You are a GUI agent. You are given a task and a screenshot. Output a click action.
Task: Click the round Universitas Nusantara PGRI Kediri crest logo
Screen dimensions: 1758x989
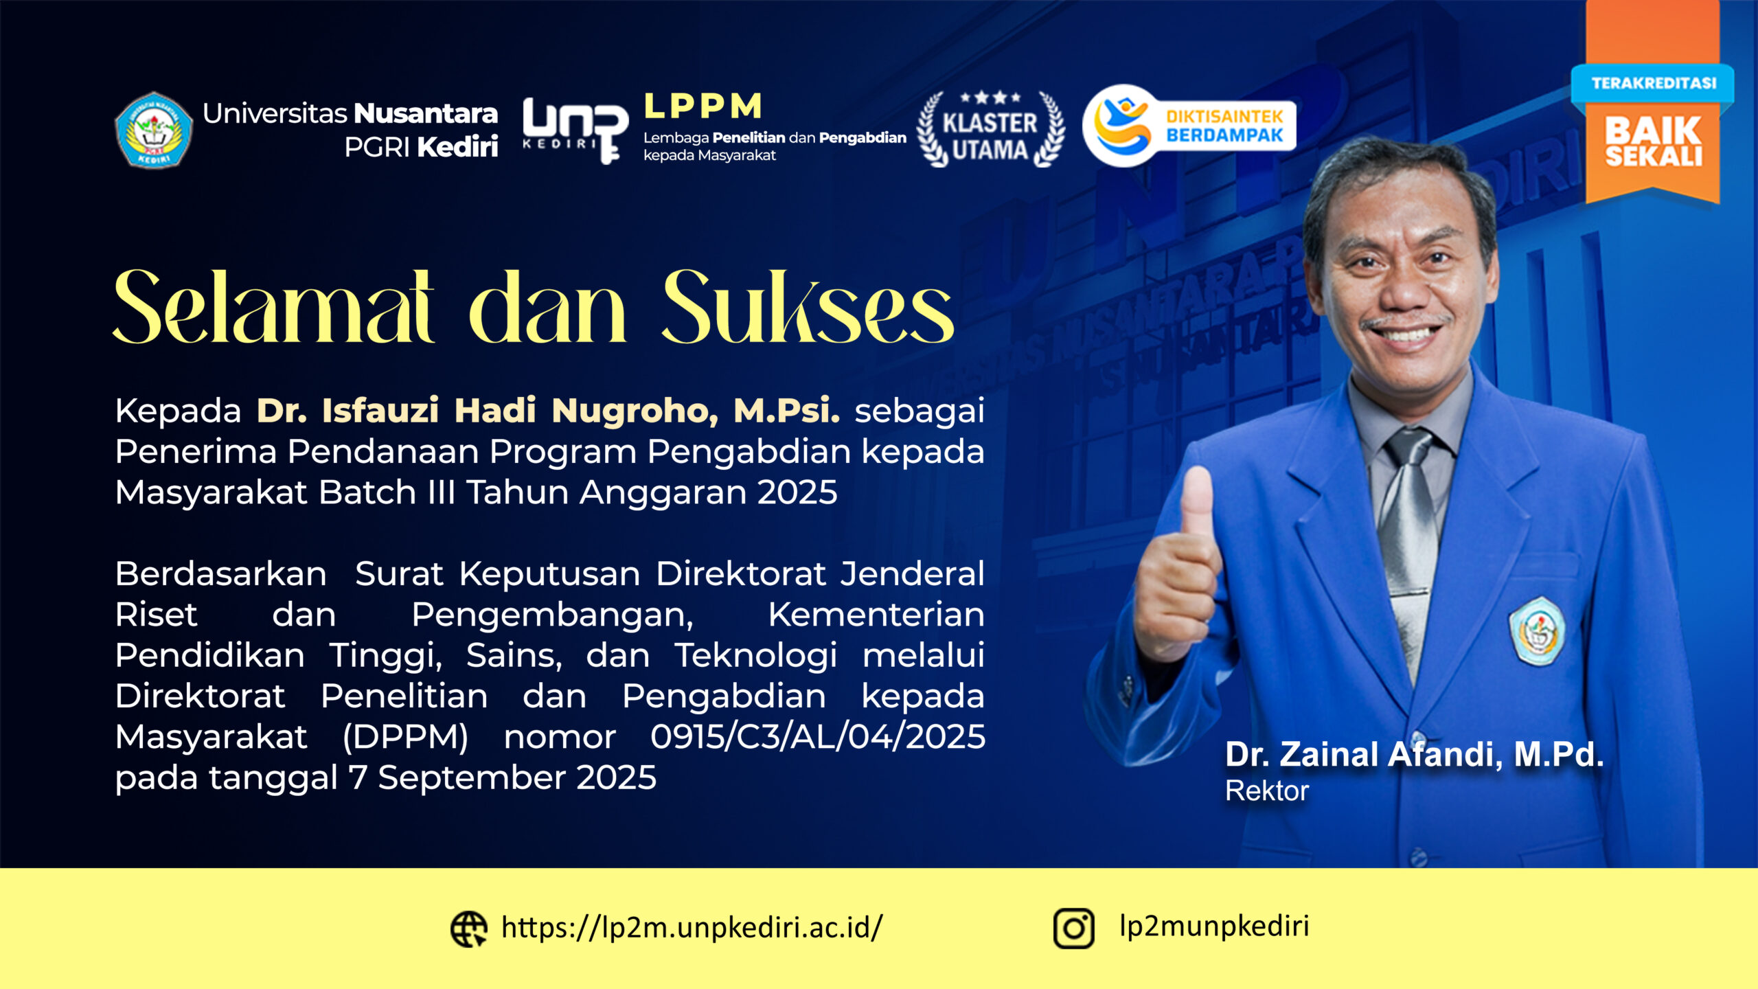point(154,130)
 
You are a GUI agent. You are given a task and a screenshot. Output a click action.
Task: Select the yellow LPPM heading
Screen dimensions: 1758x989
point(703,106)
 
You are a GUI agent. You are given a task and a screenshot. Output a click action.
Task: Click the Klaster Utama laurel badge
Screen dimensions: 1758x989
point(990,129)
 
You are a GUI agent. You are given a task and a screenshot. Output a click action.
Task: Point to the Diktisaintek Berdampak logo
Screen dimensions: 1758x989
point(1189,126)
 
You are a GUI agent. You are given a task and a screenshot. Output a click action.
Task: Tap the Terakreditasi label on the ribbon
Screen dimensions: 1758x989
point(1654,83)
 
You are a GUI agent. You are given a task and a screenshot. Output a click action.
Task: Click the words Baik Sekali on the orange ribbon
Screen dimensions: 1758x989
point(1654,141)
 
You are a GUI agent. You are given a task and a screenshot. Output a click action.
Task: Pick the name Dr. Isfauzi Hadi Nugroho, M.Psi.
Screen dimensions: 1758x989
point(548,411)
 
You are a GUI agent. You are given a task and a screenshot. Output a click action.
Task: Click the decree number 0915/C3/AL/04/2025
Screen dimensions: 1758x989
point(818,737)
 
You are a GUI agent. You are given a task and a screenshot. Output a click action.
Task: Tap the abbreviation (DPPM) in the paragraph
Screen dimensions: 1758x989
point(405,738)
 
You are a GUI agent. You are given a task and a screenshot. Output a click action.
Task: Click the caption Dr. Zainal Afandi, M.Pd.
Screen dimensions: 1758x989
point(1414,754)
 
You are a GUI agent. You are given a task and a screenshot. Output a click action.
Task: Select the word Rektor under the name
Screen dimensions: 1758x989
point(1267,791)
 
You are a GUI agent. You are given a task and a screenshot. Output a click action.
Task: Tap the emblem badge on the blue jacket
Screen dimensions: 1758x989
point(1538,631)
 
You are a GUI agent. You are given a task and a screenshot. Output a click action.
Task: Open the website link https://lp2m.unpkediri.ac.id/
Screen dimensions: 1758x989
point(692,927)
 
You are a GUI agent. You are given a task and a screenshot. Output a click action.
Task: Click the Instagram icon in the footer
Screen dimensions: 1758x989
point(1073,929)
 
